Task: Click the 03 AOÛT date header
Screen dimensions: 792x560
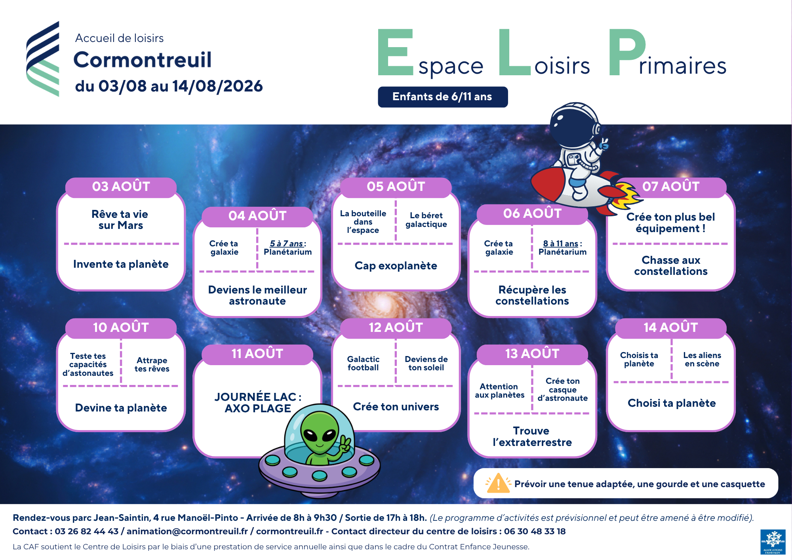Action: pyautogui.click(x=121, y=187)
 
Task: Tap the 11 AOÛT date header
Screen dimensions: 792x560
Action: pyautogui.click(x=257, y=354)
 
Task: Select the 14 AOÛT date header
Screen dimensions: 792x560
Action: pyautogui.click(x=671, y=328)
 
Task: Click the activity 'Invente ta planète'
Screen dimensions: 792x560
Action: pyautogui.click(x=121, y=264)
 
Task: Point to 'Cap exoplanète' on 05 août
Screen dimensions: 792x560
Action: pyautogui.click(x=396, y=266)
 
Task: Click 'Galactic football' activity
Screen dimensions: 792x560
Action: pyautogui.click(x=363, y=364)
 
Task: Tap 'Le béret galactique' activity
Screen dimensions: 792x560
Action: pyautogui.click(x=426, y=220)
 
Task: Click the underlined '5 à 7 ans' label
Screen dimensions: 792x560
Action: pyautogui.click(x=286, y=244)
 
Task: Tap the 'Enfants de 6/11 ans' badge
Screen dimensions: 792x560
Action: pyautogui.click(x=443, y=97)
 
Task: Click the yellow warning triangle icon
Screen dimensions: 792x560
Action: pyautogui.click(x=498, y=484)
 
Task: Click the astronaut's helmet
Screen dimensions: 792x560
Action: pyautogui.click(x=574, y=126)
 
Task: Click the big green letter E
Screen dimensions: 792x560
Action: pyautogui.click(x=395, y=52)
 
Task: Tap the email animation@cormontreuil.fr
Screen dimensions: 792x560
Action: pyautogui.click(x=187, y=531)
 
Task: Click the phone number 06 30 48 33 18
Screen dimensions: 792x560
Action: pyautogui.click(x=535, y=531)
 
